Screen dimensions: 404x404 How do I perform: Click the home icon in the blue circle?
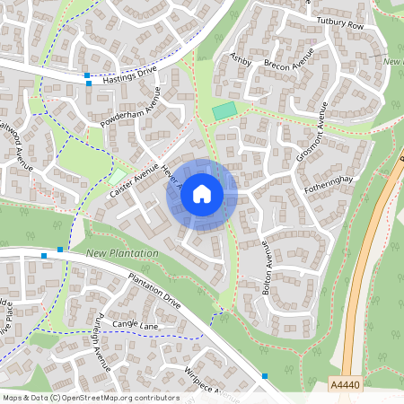click(202, 194)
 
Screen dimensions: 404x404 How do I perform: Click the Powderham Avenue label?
click(130, 106)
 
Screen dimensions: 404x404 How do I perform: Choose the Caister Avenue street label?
click(127, 182)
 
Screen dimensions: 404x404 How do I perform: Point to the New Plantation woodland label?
click(122, 254)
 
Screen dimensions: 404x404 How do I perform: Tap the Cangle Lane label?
click(135, 324)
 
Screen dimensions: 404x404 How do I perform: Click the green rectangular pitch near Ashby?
click(224, 110)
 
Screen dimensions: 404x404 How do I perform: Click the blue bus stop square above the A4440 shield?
click(265, 375)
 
